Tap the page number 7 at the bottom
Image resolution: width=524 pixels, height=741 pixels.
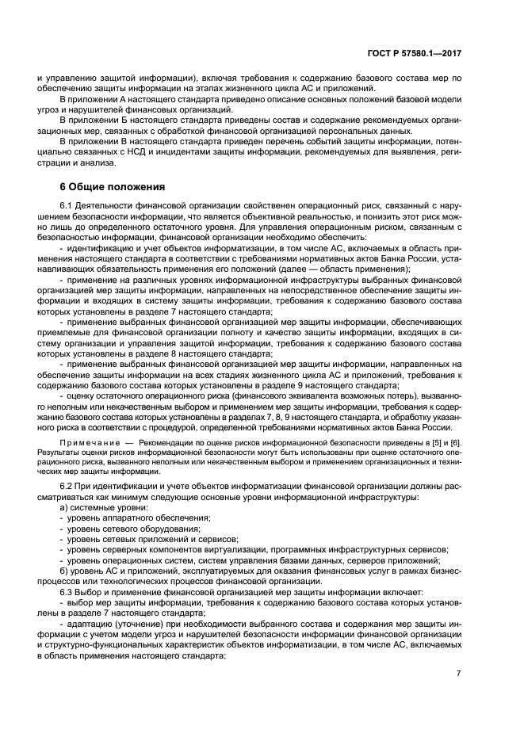[458, 674]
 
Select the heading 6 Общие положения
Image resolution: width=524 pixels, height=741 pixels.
[113, 187]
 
